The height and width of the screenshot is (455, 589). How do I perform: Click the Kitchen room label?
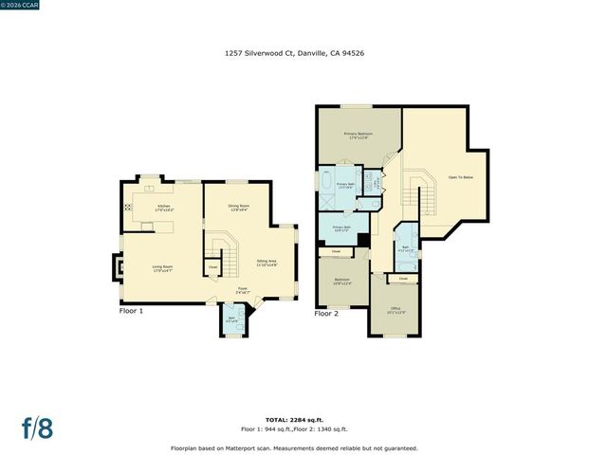point(164,208)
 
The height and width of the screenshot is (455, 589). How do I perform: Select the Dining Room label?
point(238,208)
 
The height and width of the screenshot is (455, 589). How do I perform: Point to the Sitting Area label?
point(267,263)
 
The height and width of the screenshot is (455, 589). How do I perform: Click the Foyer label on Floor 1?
point(243,290)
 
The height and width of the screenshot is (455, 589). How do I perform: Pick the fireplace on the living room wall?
point(118,267)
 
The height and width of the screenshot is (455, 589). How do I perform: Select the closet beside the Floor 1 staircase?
point(212,267)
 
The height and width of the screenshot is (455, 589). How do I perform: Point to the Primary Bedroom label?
point(358,136)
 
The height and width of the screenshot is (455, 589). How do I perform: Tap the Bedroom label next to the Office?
point(341,281)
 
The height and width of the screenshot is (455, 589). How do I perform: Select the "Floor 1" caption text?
point(131,311)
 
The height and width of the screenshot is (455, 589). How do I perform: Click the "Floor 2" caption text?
point(326,313)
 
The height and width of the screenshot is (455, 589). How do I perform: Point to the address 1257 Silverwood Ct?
point(294,54)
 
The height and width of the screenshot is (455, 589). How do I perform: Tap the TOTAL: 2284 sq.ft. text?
point(294,418)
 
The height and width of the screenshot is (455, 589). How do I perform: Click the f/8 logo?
point(37,428)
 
